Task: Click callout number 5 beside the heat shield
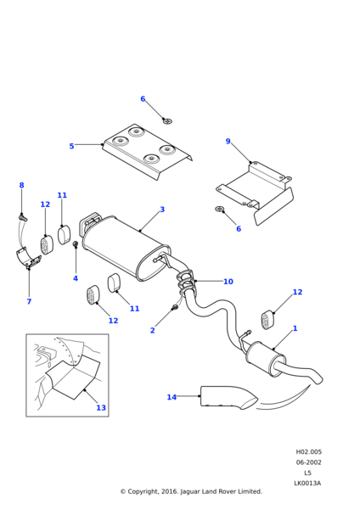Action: [71, 146]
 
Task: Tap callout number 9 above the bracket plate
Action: [228, 141]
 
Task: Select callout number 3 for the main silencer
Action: [162, 210]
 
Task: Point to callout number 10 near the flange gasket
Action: [228, 282]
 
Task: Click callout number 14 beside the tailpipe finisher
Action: [172, 397]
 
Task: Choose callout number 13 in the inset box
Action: [101, 407]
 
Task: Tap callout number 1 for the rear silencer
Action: [295, 328]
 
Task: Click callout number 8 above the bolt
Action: [21, 185]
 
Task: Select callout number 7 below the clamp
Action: [29, 301]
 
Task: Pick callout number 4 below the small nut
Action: [76, 278]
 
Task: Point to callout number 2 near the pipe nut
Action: [152, 330]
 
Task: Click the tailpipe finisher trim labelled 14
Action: [228, 397]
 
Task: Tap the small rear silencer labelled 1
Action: [266, 358]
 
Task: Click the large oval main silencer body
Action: [125, 248]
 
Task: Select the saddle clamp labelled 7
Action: [28, 257]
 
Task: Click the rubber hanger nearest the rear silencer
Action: [267, 318]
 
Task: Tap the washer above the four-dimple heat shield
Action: [167, 121]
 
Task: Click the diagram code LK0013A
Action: [307, 483]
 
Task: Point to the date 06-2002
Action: [308, 462]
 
